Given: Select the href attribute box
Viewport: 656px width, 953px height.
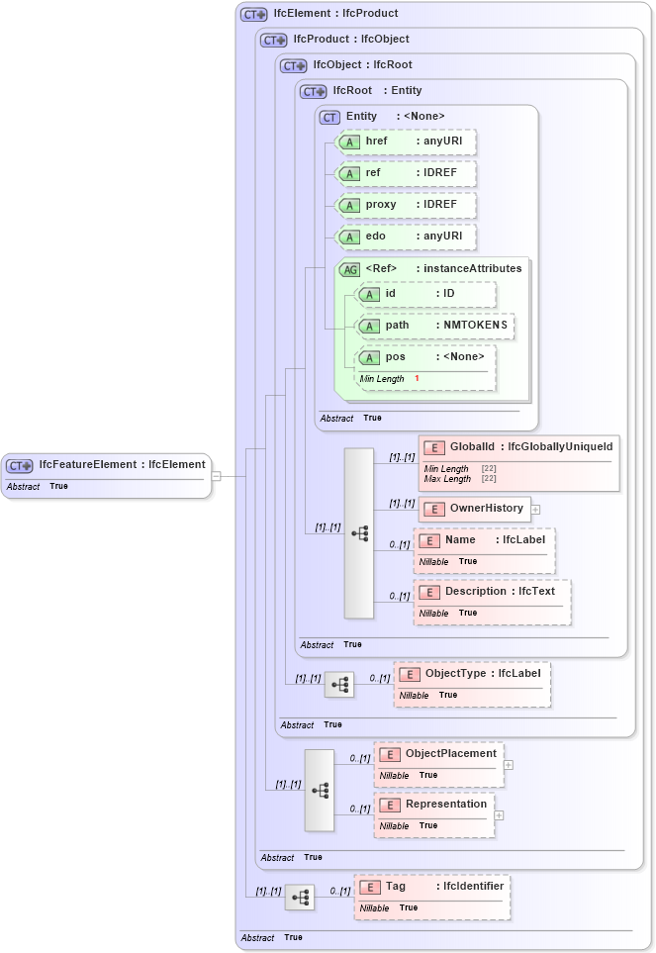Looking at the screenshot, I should click(x=406, y=142).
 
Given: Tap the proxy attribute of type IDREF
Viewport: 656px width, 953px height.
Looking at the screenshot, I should click(x=406, y=205).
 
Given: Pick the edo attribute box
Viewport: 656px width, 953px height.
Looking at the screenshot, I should click(x=406, y=237).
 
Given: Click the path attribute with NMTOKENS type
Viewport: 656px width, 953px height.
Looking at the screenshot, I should click(x=435, y=326).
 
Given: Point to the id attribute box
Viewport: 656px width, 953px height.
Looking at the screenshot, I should click(x=425, y=294).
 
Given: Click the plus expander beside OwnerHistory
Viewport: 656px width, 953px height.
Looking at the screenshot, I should click(x=535, y=510).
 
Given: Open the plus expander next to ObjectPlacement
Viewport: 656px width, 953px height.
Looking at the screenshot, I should click(x=509, y=764).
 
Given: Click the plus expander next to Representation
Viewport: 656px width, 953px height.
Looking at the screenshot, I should click(x=500, y=815).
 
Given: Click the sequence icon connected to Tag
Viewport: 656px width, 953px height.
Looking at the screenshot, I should click(x=300, y=898).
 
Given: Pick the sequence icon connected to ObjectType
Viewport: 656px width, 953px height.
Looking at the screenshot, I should click(x=339, y=685).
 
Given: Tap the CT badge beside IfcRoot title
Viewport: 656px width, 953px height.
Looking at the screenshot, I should click(x=313, y=91).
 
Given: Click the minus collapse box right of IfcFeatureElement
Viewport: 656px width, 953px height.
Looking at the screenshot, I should click(x=216, y=476).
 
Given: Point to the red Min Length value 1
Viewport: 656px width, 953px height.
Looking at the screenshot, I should click(x=417, y=379).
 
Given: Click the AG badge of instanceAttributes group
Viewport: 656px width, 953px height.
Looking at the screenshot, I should click(x=350, y=269).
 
